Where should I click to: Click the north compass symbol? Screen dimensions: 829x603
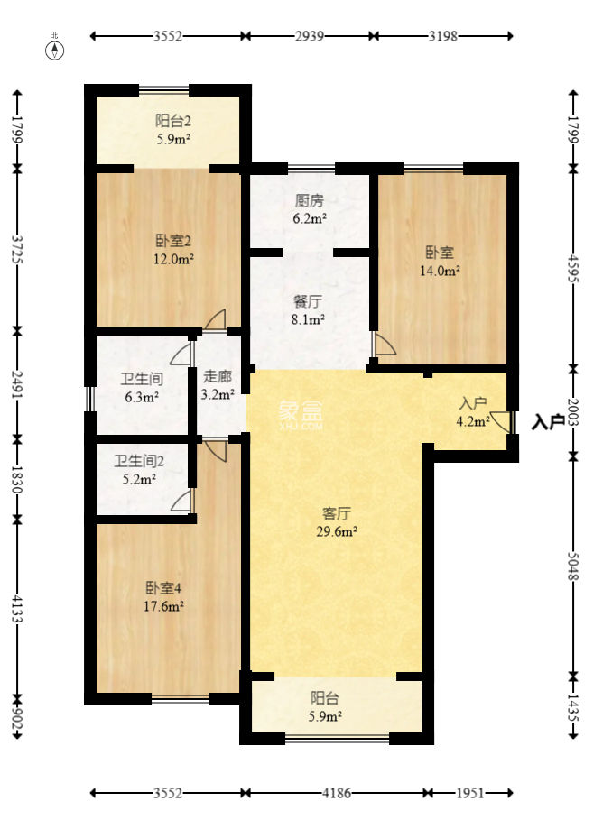tap(55, 49)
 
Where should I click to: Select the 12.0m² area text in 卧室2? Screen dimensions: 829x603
tap(173, 259)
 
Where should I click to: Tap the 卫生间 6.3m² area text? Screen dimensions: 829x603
tap(141, 396)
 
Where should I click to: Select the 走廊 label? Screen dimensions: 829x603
tap(218, 377)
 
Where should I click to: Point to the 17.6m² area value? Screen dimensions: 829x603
tap(164, 606)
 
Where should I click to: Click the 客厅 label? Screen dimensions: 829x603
tap(337, 513)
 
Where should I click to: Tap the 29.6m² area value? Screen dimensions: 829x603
tap(337, 531)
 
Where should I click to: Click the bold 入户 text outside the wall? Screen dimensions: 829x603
tap(548, 421)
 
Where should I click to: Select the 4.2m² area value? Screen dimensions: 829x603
tap(473, 419)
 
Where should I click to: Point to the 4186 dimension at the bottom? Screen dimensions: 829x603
tap(336, 793)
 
